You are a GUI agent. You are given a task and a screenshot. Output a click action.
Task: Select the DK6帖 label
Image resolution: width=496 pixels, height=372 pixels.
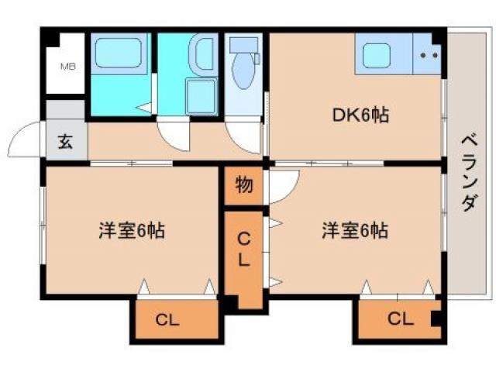[360, 115]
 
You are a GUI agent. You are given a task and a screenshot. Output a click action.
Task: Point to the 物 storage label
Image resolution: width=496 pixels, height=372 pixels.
[243, 186]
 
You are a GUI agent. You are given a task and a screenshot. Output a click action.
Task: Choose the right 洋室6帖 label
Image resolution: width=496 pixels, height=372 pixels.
[355, 230]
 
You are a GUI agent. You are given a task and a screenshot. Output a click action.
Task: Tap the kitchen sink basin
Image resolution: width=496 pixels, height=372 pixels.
[382, 55]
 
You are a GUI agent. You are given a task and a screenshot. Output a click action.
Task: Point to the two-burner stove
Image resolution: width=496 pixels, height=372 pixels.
[429, 55]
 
